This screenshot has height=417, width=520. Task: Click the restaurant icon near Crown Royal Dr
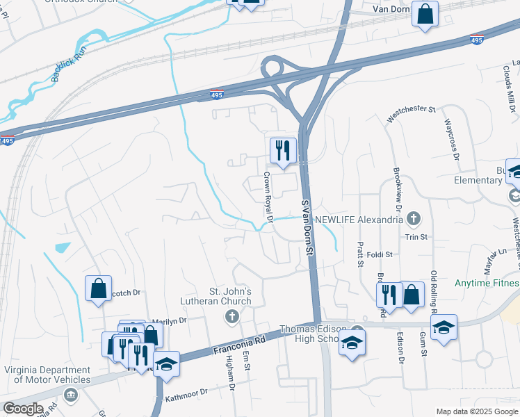283,151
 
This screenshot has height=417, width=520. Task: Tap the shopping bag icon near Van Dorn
425,15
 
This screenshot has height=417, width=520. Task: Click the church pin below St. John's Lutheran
232,318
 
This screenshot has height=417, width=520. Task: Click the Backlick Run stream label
67,68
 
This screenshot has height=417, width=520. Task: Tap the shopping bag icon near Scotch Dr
99,288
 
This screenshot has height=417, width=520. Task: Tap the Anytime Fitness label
487,284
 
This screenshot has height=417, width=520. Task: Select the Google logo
22,409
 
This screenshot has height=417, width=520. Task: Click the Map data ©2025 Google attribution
476,411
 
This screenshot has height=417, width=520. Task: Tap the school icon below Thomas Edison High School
352,342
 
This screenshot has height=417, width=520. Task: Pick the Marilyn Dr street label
170,320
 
